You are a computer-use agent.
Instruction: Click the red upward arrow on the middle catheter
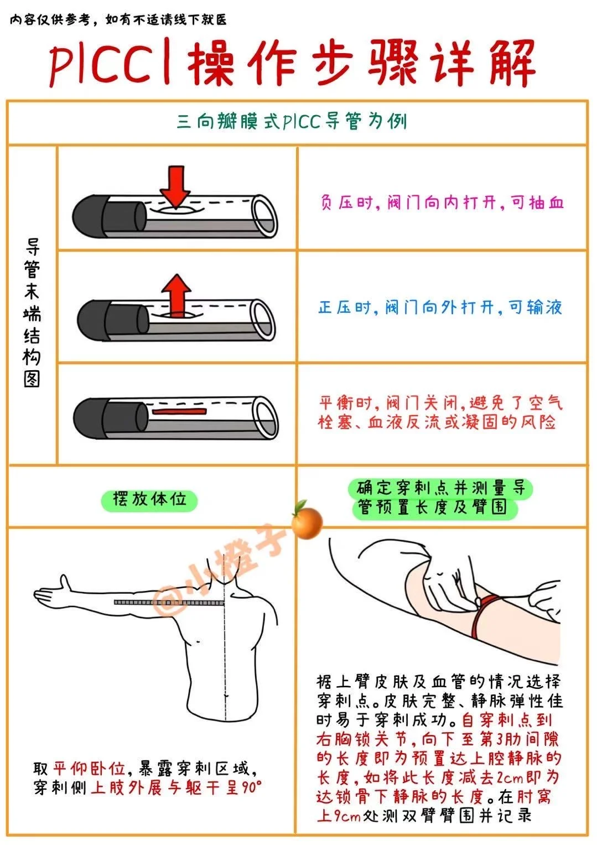tap(176, 296)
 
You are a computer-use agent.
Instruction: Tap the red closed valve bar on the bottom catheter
tap(179, 411)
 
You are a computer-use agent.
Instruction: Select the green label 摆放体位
tap(150, 501)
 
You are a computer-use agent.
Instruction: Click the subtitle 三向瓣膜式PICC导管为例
tap(292, 122)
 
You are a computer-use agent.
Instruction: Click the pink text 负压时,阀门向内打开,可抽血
tap(442, 203)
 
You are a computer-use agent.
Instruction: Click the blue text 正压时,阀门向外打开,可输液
tap(440, 308)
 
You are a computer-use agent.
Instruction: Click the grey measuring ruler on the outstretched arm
tap(169, 602)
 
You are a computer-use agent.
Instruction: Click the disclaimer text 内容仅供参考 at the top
tap(50, 19)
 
